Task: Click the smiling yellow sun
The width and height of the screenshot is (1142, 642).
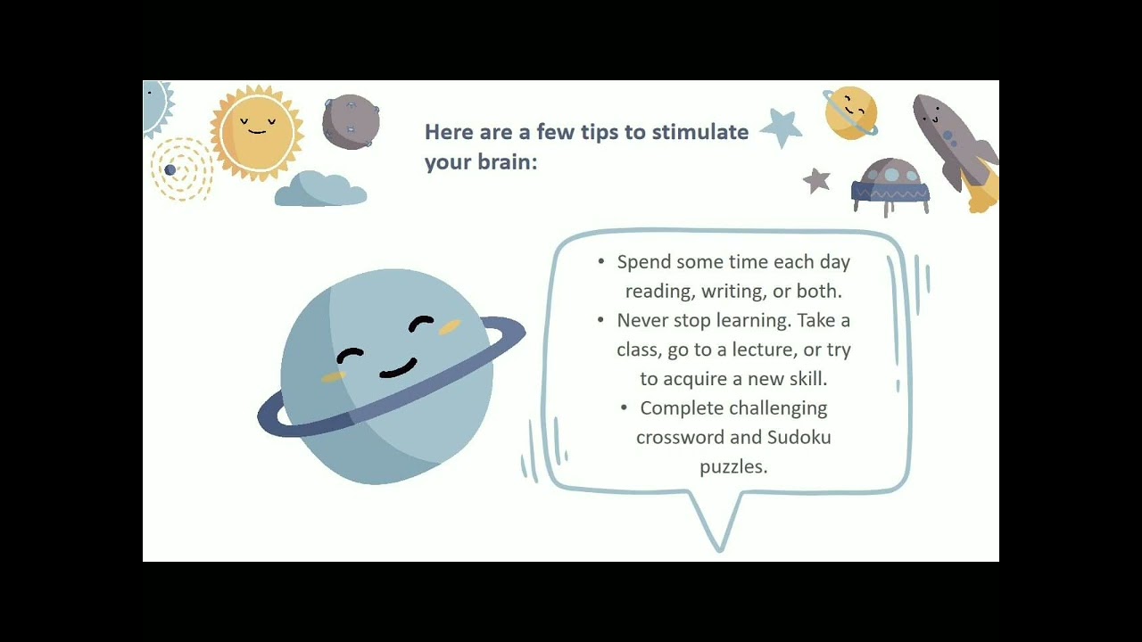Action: point(257,133)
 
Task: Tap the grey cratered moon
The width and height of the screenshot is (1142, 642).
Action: point(351,121)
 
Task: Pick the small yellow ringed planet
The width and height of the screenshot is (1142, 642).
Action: point(850,112)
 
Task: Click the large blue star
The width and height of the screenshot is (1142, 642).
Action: point(782,127)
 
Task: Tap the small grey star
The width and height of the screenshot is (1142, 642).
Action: point(816,180)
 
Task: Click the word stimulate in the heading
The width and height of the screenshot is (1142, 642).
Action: point(699,132)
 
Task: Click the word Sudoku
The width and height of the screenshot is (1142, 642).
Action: point(799,437)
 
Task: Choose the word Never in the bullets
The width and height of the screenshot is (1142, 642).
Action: point(643,320)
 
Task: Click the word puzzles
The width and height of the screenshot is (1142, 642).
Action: point(733,466)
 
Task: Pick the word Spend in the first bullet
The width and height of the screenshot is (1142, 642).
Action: point(644,262)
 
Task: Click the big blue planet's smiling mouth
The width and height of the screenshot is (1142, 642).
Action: point(399,368)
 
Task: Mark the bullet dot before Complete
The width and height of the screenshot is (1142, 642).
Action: point(625,408)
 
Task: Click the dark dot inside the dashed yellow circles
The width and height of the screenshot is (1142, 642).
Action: point(170,170)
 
